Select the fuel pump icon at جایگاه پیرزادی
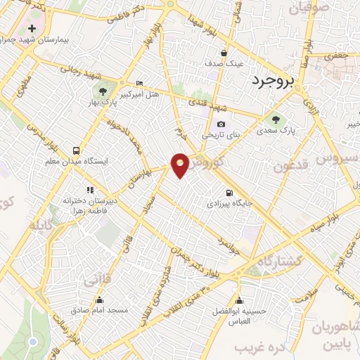pyautogui.click(x=229, y=193)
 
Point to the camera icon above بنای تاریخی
pyautogui.click(x=221, y=124)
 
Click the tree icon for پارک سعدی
pyautogui.click(x=275, y=120)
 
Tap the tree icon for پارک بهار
pyautogui.click(x=103, y=91)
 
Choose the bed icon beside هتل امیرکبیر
pyautogui.click(x=139, y=83)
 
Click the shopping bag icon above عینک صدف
pyautogui.click(x=224, y=53)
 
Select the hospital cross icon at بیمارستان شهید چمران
pyautogui.click(x=32, y=28)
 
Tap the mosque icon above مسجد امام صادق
pyautogui.click(x=98, y=299)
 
